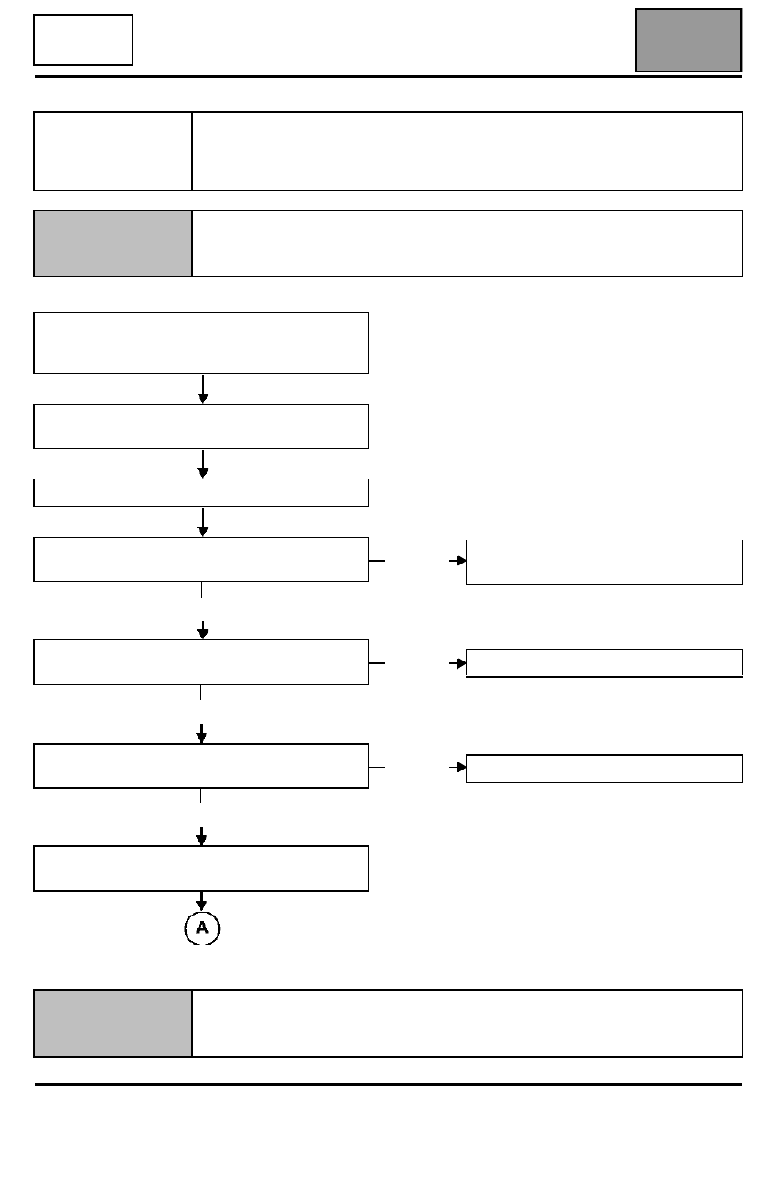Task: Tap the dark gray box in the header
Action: (688, 41)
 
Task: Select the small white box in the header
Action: (83, 40)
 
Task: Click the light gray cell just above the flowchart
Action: (113, 243)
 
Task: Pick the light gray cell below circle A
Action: (113, 1024)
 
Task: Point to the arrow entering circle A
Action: (201, 902)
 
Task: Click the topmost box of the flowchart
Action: (201, 343)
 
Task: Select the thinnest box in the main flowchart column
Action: (201, 492)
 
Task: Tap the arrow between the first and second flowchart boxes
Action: (202, 389)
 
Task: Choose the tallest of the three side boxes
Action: (604, 562)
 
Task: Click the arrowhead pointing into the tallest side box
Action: (461, 561)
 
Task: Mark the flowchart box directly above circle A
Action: (201, 868)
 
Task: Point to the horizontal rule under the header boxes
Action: (388, 76)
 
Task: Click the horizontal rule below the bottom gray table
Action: (388, 1084)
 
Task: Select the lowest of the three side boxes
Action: (604, 769)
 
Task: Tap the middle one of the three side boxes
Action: (604, 663)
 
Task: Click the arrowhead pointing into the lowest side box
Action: (461, 767)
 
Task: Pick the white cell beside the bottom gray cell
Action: (467, 1024)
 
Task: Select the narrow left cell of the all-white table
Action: (113, 152)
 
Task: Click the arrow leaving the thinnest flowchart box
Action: (202, 522)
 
